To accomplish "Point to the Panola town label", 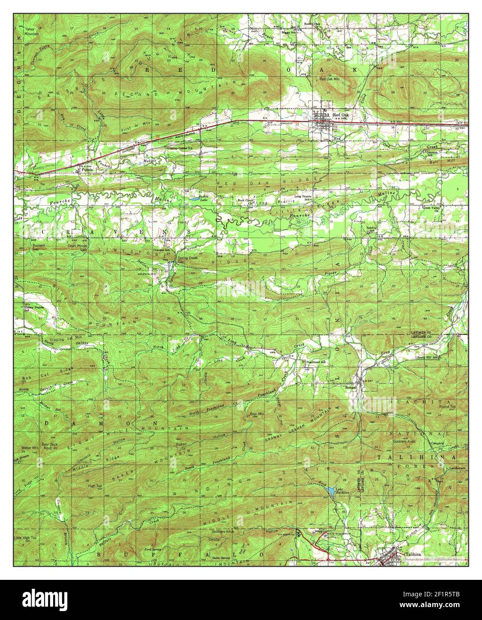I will pos(87,170).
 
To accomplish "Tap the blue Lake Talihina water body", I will pos(331,492).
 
